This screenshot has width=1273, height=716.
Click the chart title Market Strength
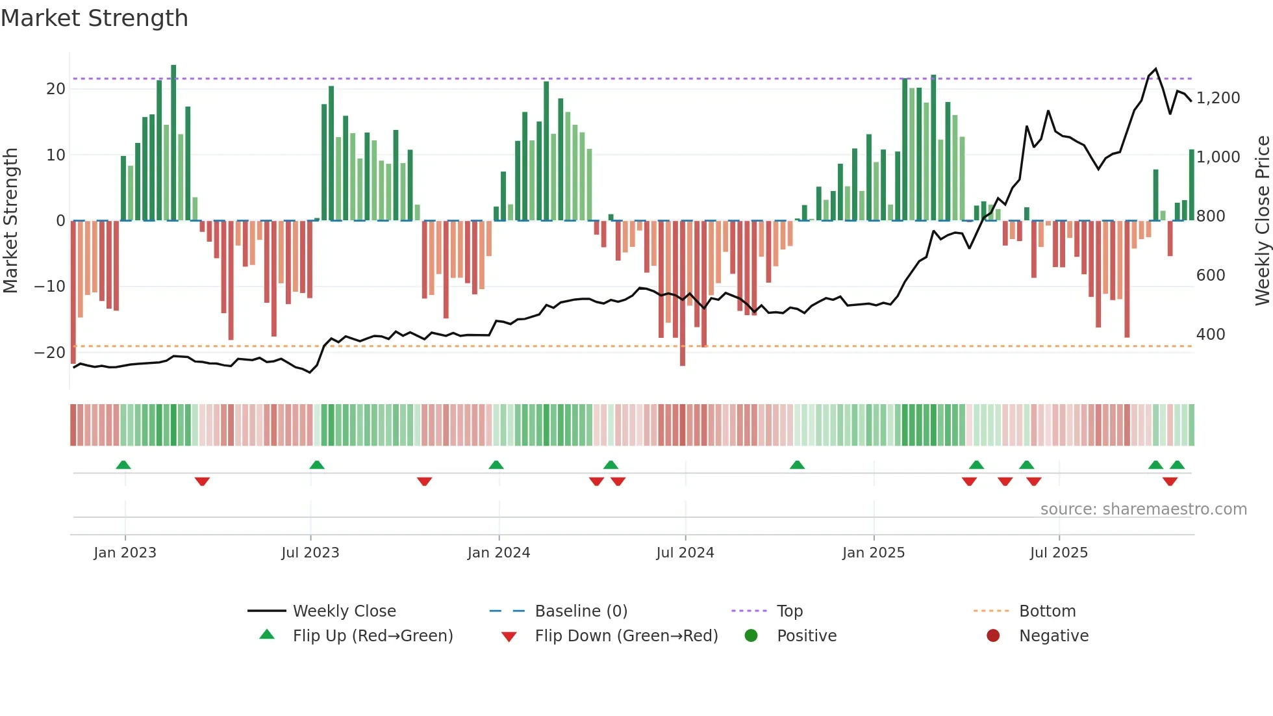(94, 18)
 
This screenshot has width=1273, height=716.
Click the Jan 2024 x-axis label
(498, 553)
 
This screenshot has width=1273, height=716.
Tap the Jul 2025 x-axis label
(1058, 553)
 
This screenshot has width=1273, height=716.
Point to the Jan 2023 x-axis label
(125, 553)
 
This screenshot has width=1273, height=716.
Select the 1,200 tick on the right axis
(1218, 98)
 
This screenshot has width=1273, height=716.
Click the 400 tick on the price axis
(1211, 335)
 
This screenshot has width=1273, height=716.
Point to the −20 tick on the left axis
(50, 353)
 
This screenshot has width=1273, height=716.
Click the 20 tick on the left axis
(56, 89)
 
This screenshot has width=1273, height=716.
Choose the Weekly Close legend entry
(344, 611)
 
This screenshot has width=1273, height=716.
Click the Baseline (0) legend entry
(581, 611)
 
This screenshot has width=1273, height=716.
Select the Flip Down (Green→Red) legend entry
(625, 636)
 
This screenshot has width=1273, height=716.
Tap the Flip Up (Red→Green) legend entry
(372, 636)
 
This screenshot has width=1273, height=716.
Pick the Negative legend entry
(1053, 636)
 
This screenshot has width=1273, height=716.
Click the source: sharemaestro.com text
(1143, 509)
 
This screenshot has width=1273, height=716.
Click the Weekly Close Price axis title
(1262, 221)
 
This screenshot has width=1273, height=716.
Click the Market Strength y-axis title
(10, 221)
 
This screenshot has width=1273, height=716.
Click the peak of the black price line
(1155, 69)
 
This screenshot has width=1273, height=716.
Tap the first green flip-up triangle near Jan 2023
(123, 465)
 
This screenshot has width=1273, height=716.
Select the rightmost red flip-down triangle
(1170, 481)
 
